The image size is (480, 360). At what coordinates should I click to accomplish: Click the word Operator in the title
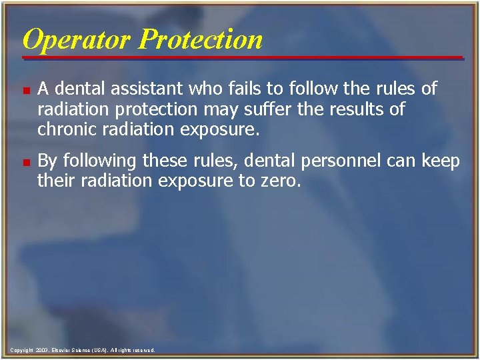tap(77, 39)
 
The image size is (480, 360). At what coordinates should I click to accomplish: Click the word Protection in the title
tap(200, 39)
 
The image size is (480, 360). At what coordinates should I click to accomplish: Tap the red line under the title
tap(240, 58)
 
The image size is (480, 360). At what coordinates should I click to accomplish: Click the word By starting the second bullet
tap(48, 162)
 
